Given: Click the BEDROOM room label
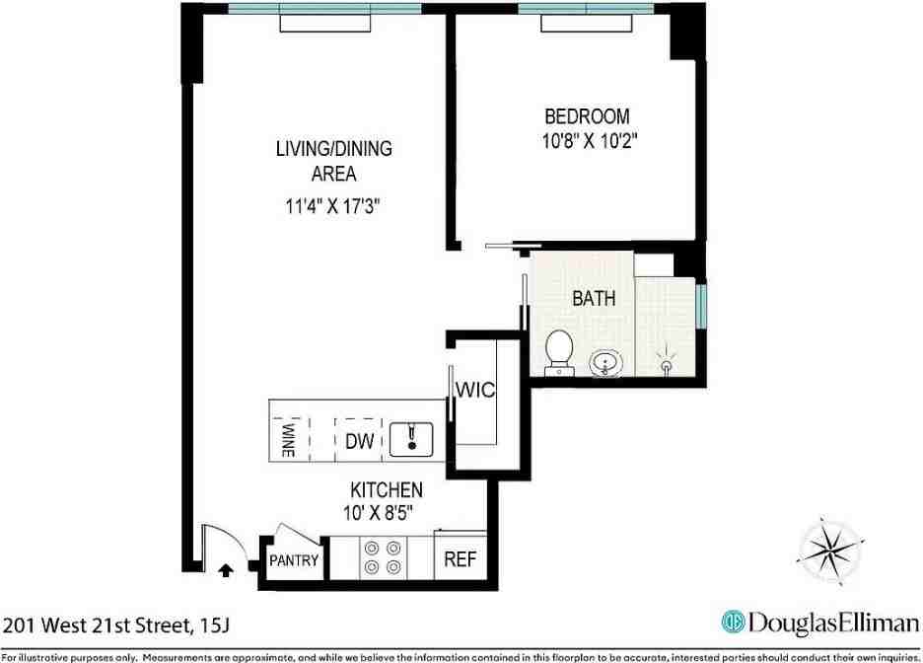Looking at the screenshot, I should pyautogui.click(x=587, y=116).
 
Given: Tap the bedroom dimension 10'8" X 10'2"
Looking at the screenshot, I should pyautogui.click(x=584, y=140).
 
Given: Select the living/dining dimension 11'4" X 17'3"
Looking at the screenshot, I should pyautogui.click(x=333, y=207).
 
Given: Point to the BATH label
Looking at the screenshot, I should pyautogui.click(x=594, y=297).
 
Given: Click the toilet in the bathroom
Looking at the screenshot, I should pyautogui.click(x=559, y=352).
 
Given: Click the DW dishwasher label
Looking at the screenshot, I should pyautogui.click(x=359, y=442).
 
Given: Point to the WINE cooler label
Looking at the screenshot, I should pyautogui.click(x=289, y=440).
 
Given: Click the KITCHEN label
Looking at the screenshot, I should pyautogui.click(x=387, y=490).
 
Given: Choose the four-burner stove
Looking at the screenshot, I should pyautogui.click(x=382, y=557).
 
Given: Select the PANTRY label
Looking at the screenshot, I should pyautogui.click(x=294, y=561).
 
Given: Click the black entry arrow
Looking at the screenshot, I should pyautogui.click(x=225, y=568).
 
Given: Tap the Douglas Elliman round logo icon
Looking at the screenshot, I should pyautogui.click(x=732, y=624).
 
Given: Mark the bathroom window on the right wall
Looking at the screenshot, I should pyautogui.click(x=700, y=308).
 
